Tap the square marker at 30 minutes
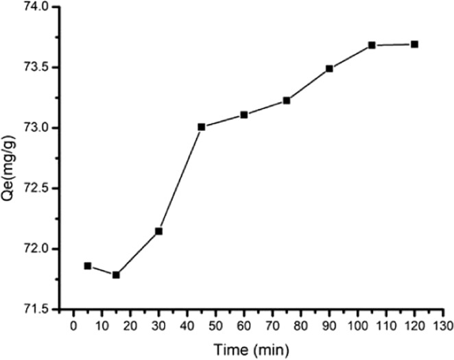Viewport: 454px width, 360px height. (x=158, y=231)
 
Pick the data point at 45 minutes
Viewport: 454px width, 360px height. (x=201, y=127)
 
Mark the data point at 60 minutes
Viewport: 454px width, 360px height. (x=243, y=115)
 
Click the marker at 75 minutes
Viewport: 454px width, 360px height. (x=287, y=100)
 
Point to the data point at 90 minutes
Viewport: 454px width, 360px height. (x=329, y=69)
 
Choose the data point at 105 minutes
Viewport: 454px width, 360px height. (x=372, y=45)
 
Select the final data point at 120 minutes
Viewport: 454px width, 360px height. (x=414, y=44)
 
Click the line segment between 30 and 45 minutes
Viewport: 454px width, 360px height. (x=180, y=179)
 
